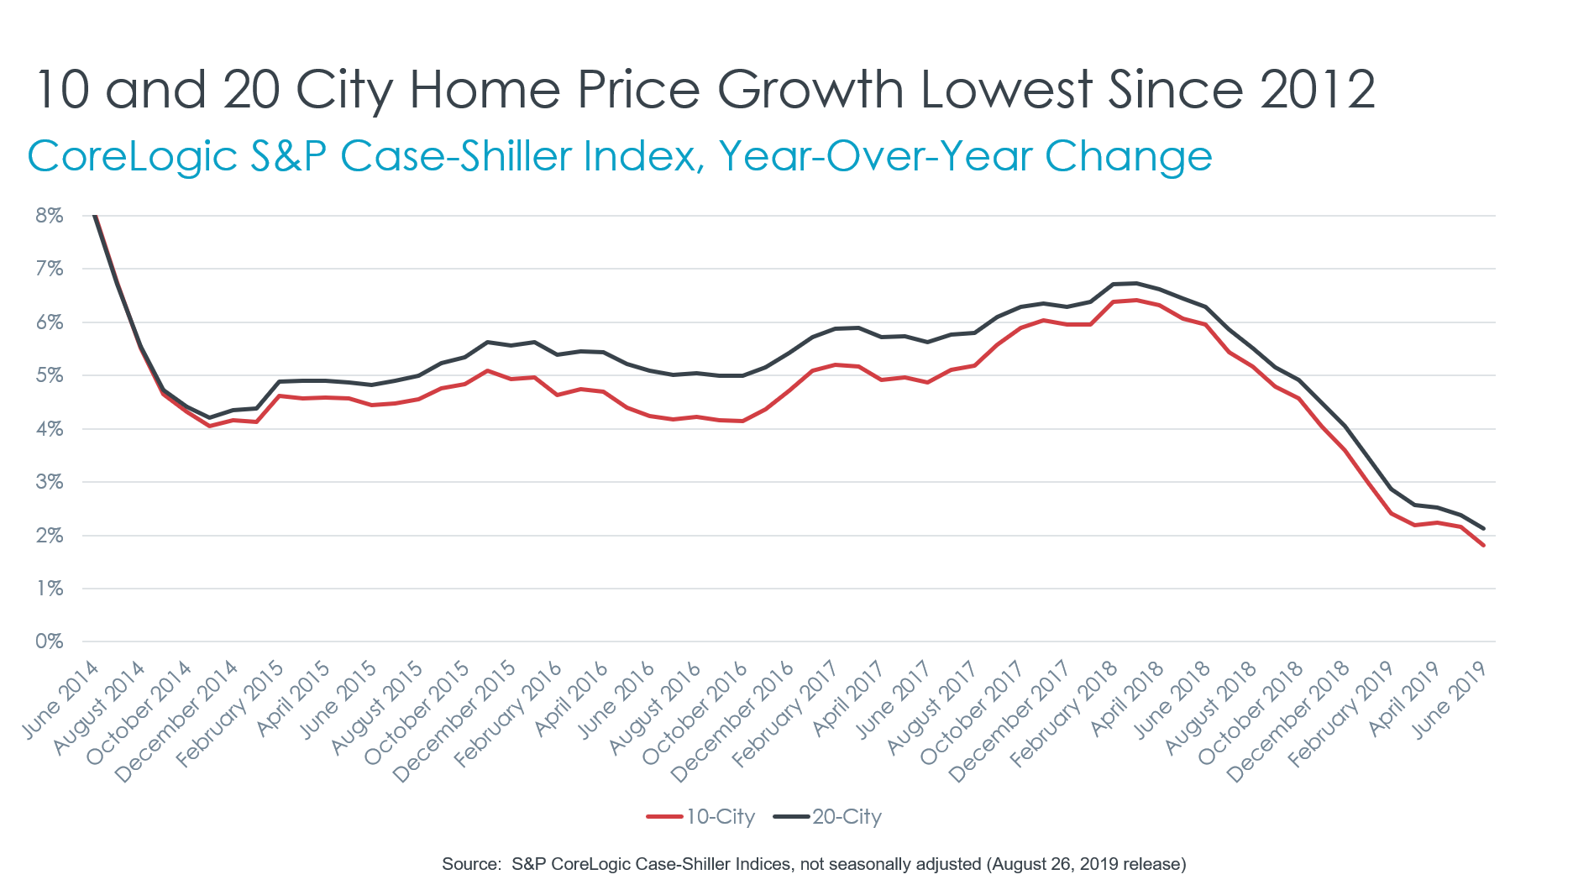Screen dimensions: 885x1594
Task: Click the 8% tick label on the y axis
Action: coord(49,216)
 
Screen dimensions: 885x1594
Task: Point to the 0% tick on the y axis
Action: coord(49,641)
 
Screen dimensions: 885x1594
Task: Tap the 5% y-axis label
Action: coord(49,375)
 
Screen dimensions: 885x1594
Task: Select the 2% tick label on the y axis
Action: coord(49,536)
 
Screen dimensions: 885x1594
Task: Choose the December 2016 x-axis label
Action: coord(733,722)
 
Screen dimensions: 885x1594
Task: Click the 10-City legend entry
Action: coord(702,817)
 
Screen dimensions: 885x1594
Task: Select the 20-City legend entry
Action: coord(828,817)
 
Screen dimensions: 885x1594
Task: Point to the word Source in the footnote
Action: coord(470,864)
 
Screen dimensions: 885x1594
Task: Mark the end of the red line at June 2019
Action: coord(1484,546)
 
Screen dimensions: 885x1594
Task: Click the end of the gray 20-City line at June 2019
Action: coord(1484,528)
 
